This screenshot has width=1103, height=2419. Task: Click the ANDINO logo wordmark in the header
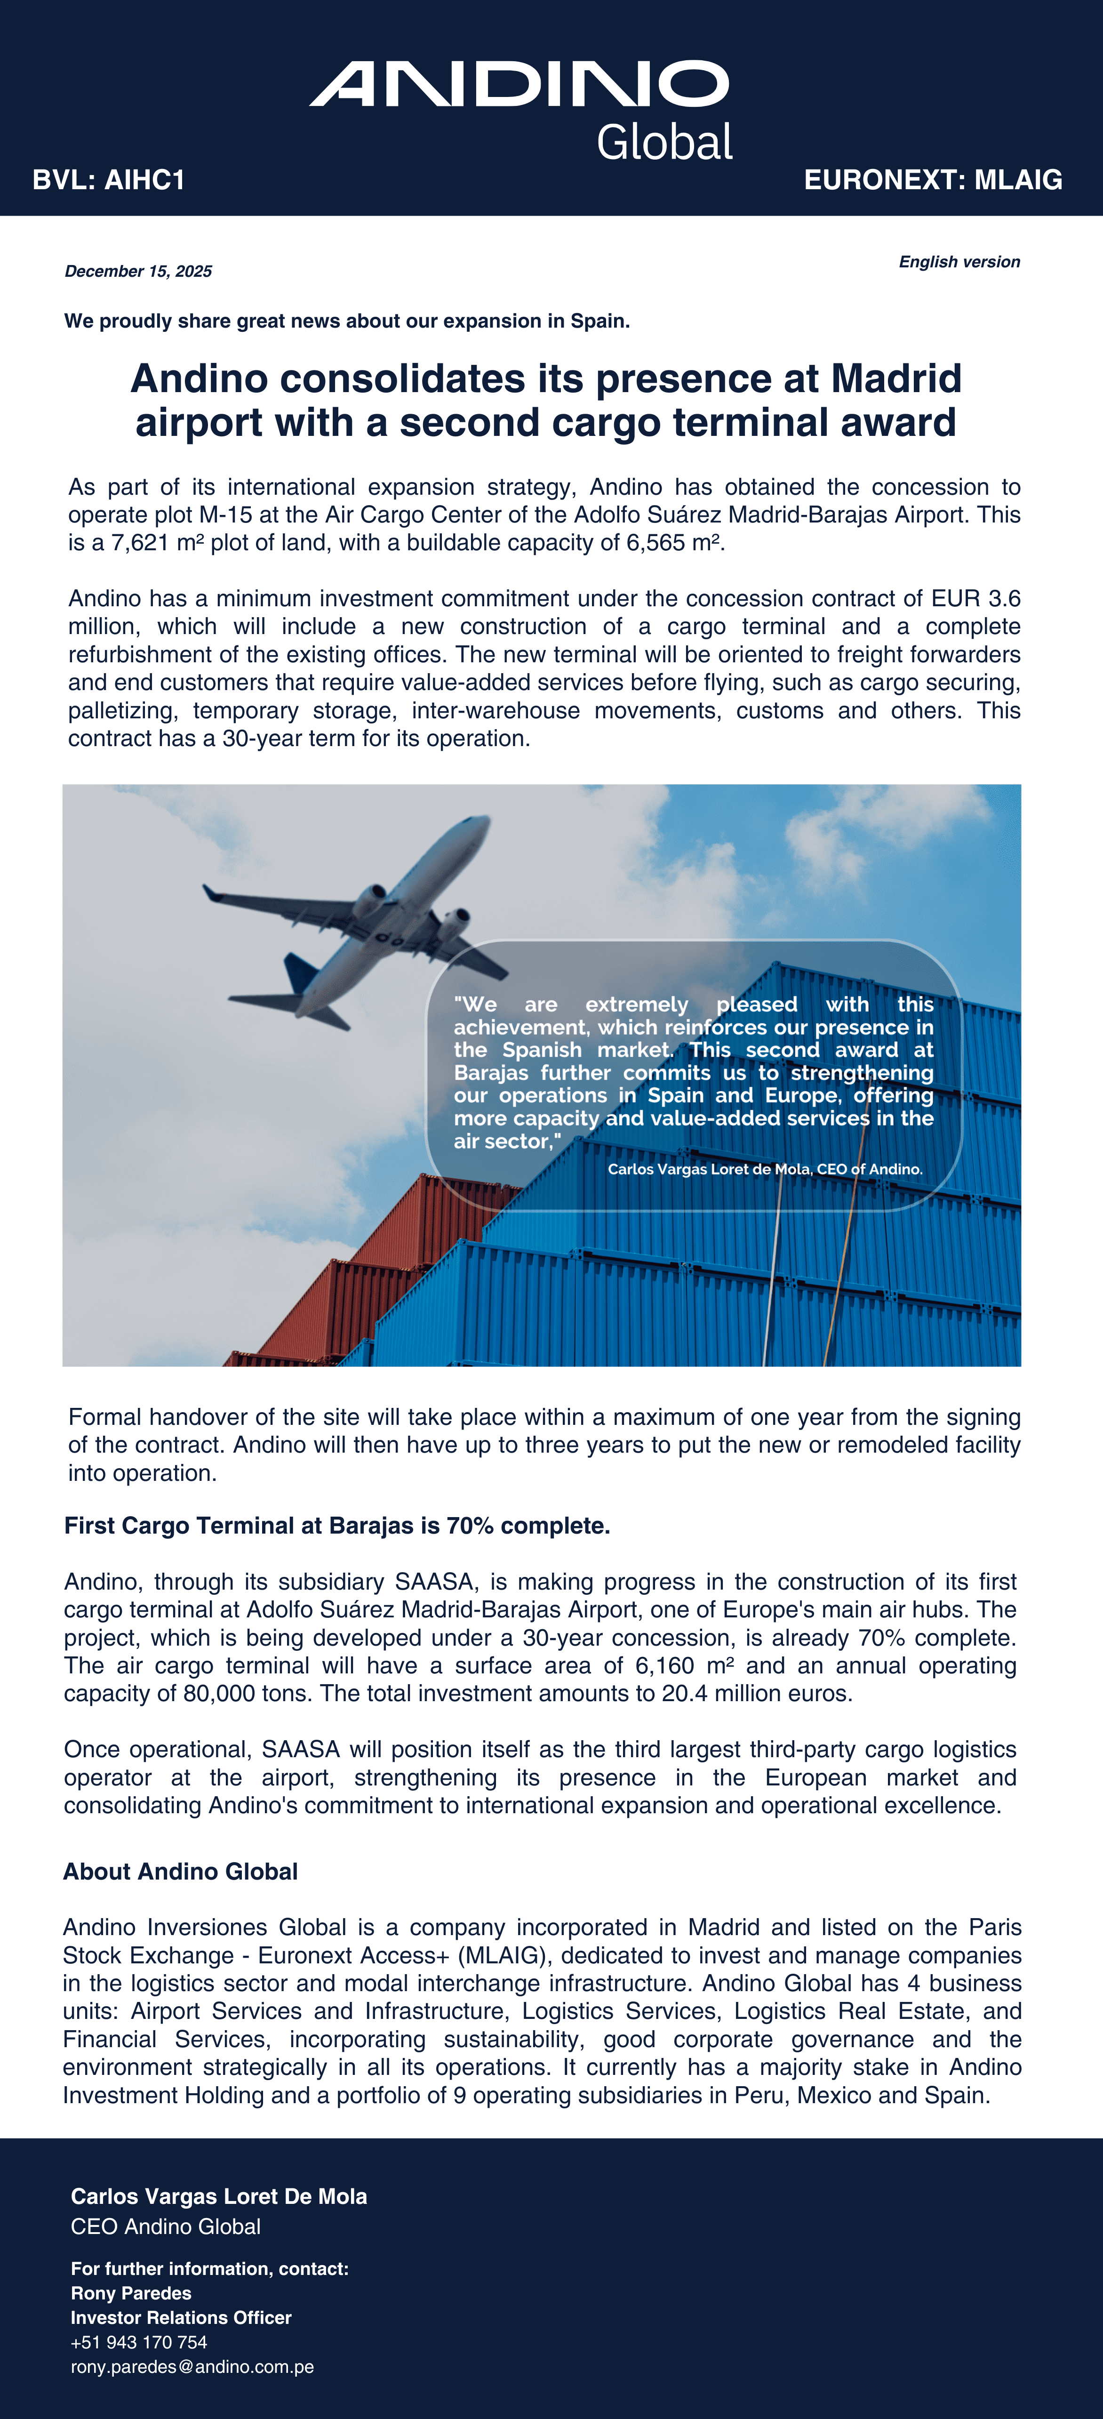click(519, 85)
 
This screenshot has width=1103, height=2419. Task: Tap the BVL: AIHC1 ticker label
click(109, 180)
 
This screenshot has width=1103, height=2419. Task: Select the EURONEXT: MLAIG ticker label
click(933, 180)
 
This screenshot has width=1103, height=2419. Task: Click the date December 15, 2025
click(138, 272)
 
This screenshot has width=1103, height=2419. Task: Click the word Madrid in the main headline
click(896, 378)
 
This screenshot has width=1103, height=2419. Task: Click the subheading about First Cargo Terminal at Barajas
click(337, 1525)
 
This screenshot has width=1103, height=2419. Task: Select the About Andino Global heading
click(180, 1872)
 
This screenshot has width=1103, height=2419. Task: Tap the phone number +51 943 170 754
click(139, 2342)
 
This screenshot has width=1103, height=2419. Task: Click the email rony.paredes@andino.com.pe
click(192, 2366)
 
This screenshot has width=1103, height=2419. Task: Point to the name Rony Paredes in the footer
click(131, 2293)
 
